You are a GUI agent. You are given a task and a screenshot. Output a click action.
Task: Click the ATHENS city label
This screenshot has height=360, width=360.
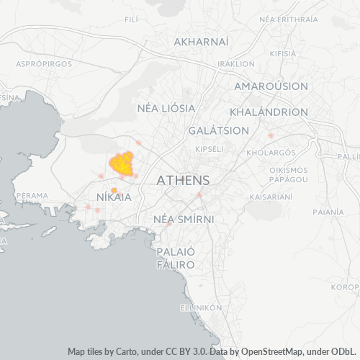(183, 180)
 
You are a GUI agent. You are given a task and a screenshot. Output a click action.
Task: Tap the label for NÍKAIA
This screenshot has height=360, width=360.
(114, 197)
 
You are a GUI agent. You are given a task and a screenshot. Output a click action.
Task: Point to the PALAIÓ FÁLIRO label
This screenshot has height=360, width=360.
(176, 258)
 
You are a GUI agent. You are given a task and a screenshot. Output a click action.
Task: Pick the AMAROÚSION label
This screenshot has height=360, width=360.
(271, 86)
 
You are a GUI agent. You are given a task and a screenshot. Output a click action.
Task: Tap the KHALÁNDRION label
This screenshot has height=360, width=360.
(269, 112)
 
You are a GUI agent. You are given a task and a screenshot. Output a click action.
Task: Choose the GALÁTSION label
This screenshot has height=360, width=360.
(218, 131)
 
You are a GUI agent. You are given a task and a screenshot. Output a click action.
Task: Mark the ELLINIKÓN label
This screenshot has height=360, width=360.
(201, 307)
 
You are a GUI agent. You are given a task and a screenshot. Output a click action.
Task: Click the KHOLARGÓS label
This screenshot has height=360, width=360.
(271, 153)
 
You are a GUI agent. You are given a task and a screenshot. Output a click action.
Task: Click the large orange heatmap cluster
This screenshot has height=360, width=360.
(122, 163)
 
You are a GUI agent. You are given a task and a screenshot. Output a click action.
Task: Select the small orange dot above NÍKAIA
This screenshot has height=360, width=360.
(114, 190)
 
